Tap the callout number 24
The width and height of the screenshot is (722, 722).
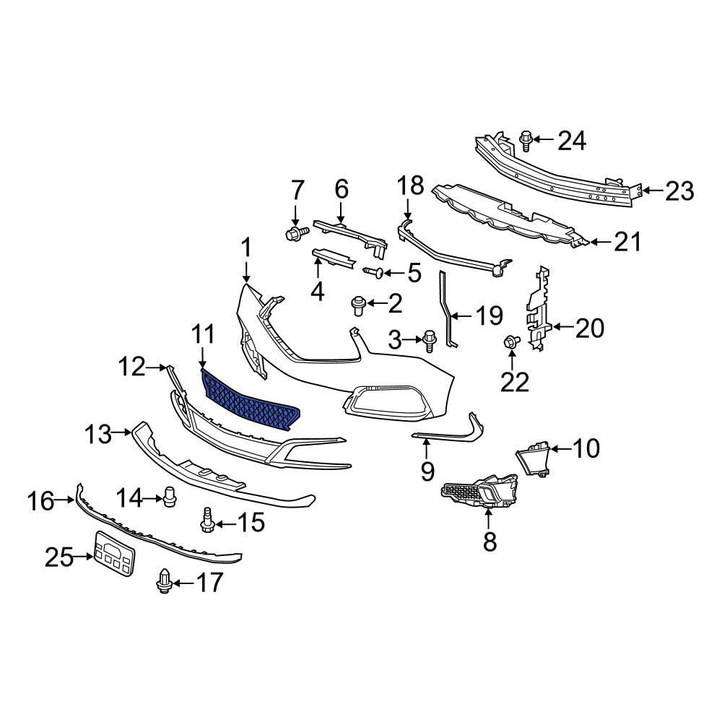coord(572,141)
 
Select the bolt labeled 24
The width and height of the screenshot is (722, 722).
coord(526,141)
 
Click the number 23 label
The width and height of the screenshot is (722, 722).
coord(679,191)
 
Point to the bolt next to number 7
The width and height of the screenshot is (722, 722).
coord(295,233)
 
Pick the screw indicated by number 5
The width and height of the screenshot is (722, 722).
coord(373,273)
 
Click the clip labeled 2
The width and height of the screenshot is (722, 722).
coord(358,305)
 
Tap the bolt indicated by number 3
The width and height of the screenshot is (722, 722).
coord(429,341)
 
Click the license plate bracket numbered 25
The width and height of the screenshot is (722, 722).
coord(115,553)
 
